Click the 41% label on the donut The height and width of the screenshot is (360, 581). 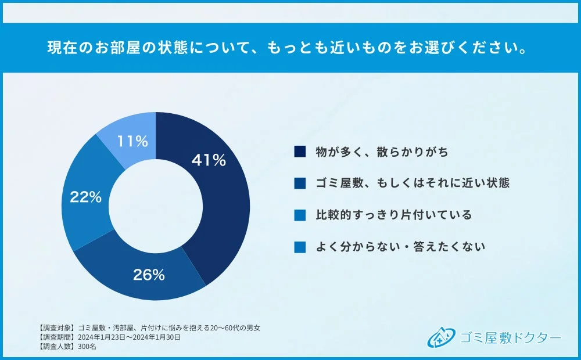[x=209, y=160]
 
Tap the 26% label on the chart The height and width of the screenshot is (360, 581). [x=149, y=275]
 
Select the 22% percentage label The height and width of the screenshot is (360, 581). [x=86, y=197]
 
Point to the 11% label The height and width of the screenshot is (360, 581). [x=132, y=141]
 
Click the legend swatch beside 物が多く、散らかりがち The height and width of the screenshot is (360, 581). [x=300, y=152]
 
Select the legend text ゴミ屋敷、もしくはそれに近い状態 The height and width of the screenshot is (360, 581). [x=413, y=183]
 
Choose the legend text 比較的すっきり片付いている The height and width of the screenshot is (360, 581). [x=393, y=215]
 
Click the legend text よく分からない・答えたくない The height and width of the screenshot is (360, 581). [x=400, y=247]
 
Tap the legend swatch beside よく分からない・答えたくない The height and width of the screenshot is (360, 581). [x=300, y=247]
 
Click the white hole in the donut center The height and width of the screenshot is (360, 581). [x=156, y=206]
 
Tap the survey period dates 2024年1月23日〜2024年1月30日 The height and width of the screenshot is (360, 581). [x=128, y=337]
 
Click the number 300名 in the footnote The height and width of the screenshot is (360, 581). [x=87, y=346]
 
